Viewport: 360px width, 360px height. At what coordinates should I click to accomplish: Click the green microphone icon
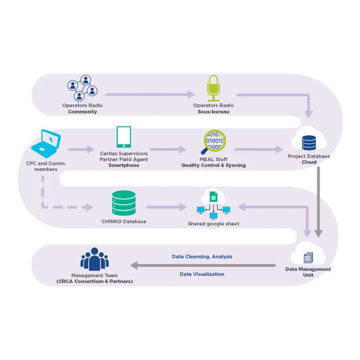pos(213,88)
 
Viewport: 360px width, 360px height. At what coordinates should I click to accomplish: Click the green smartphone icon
pos(124,137)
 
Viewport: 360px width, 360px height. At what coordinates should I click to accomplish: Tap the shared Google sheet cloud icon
pos(213,202)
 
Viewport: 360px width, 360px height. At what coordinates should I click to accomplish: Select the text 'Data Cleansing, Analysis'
pos(202,256)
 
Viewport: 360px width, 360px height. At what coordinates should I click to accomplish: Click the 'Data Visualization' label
pos(202,274)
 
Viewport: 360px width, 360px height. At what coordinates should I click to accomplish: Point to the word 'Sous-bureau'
pos(213,112)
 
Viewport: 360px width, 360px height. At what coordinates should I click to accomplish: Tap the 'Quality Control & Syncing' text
pos(213,165)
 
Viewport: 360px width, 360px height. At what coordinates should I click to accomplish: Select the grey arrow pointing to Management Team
pos(202,265)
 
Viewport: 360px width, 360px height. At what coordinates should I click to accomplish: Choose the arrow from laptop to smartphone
pos(81,149)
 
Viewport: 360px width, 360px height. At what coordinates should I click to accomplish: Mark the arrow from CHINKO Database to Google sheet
pos(166,207)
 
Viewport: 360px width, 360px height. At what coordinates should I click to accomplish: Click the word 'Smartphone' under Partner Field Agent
pos(124,165)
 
